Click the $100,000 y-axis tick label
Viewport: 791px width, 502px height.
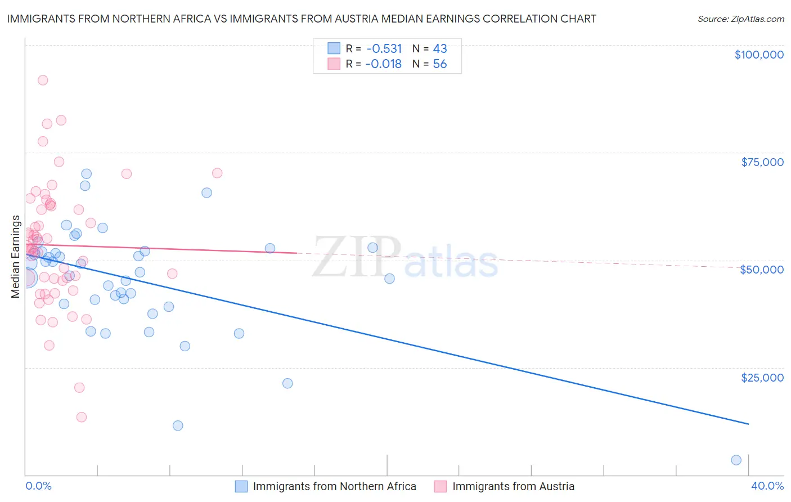pos(759,55)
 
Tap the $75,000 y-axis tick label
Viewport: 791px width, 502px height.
pos(762,162)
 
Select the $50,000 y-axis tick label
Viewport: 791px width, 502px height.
pos(762,270)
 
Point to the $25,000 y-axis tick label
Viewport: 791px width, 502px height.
pos(762,377)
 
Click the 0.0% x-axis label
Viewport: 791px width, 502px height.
pos(38,486)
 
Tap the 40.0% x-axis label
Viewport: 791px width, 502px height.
pos(767,486)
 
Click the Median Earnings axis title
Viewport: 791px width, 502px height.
pos(15,257)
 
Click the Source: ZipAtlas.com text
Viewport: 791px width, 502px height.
pos(741,19)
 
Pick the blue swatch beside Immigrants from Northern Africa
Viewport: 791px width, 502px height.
pos(241,486)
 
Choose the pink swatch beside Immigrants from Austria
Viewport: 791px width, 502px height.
pos(441,486)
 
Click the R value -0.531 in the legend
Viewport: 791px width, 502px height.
pos(384,48)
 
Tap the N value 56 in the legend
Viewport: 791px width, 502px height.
pos(440,64)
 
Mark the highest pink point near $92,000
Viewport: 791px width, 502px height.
pos(43,80)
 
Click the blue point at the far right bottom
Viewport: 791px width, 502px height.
pos(736,460)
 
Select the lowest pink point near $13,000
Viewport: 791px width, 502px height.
pos(82,417)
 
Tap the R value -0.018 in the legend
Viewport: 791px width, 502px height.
pos(384,64)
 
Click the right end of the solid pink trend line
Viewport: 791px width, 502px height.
pos(296,253)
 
